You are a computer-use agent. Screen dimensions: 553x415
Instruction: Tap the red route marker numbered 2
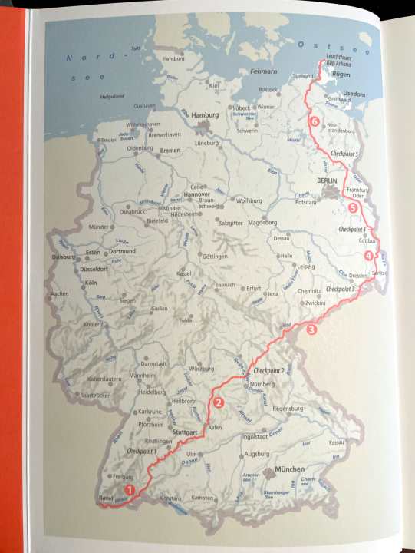[x=219, y=402]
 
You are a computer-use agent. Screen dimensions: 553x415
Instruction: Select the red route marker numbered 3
[x=311, y=330]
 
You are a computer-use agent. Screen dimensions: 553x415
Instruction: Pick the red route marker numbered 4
[x=369, y=256]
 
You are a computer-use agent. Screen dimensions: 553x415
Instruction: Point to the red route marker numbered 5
[x=353, y=207]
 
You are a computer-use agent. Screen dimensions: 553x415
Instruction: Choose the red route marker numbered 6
[x=314, y=121]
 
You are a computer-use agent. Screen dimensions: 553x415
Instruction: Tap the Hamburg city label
[x=205, y=116]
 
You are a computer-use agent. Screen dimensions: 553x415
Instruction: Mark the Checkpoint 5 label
[x=344, y=154]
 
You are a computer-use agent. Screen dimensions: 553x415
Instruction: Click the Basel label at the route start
[x=106, y=498]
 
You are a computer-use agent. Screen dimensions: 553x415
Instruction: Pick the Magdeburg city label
[x=263, y=223]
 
